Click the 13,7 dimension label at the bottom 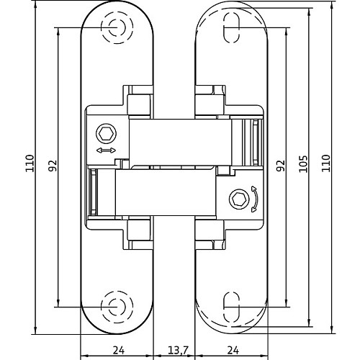click(x=179, y=351)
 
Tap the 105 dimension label click(x=303, y=164)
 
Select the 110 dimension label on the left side click(x=30, y=163)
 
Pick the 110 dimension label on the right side click(x=326, y=163)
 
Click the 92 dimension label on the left click(x=53, y=166)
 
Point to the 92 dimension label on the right click(x=280, y=166)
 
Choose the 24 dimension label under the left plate click(x=119, y=351)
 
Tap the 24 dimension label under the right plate click(x=233, y=351)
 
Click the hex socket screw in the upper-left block click(x=106, y=134)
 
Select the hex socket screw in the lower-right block click(x=238, y=199)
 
